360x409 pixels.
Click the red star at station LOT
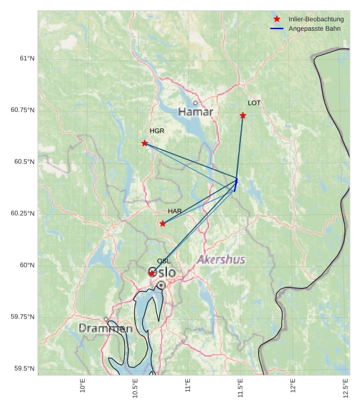coord(243,115)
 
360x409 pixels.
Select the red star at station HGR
coord(144,143)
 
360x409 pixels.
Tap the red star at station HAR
coord(163,224)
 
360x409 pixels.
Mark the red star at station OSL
coord(152,273)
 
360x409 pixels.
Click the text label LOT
coord(254,103)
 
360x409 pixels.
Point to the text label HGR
coord(157,131)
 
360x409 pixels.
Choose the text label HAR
coord(175,211)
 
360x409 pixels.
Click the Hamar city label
coord(195,112)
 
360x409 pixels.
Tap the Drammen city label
coord(105,328)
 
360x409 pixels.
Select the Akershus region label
coord(221,260)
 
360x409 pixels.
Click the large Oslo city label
coord(162,273)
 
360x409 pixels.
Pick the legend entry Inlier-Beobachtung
coord(316,20)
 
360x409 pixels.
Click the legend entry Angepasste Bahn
coord(314,28)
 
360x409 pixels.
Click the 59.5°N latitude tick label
coord(24,369)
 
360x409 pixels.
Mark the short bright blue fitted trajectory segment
coord(236,185)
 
